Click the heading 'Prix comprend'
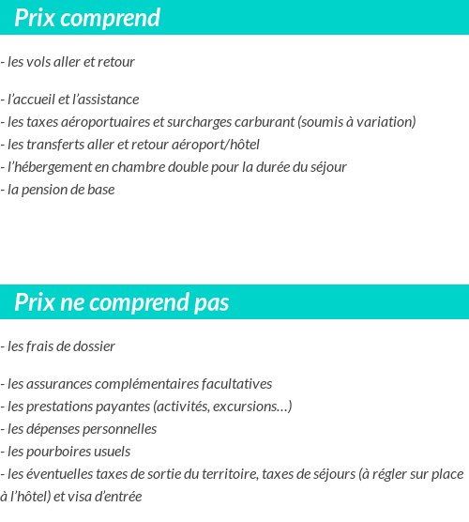click(x=87, y=18)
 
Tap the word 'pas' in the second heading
click(x=210, y=302)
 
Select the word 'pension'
click(x=42, y=190)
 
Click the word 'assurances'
click(x=59, y=384)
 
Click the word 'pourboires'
click(x=59, y=452)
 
